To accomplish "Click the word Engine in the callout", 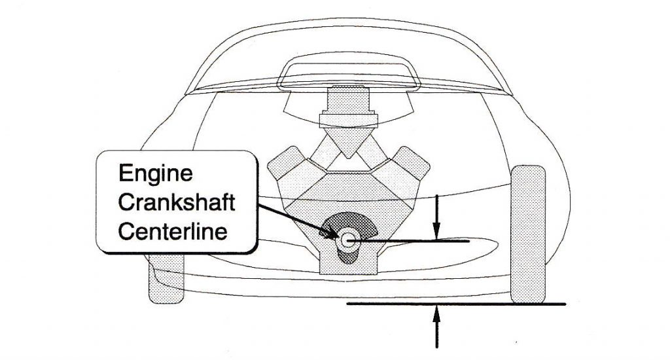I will pyautogui.click(x=156, y=173).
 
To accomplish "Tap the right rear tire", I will pyautogui.click(x=528, y=234).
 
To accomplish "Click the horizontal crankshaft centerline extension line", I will pyautogui.click(x=419, y=242).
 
